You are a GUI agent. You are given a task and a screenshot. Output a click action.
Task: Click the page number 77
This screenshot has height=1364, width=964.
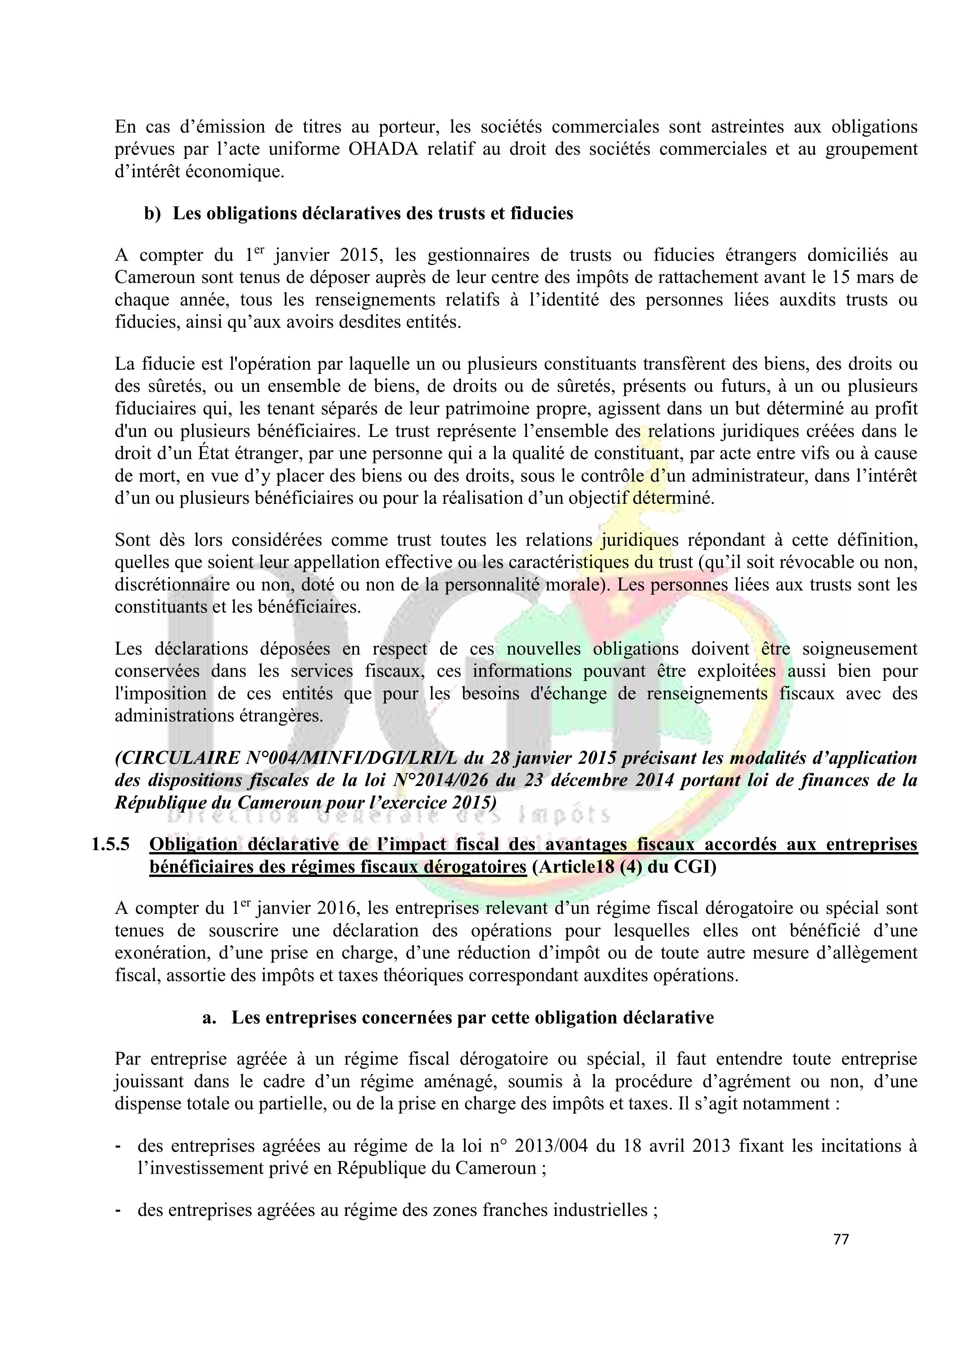pyautogui.click(x=840, y=1239)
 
